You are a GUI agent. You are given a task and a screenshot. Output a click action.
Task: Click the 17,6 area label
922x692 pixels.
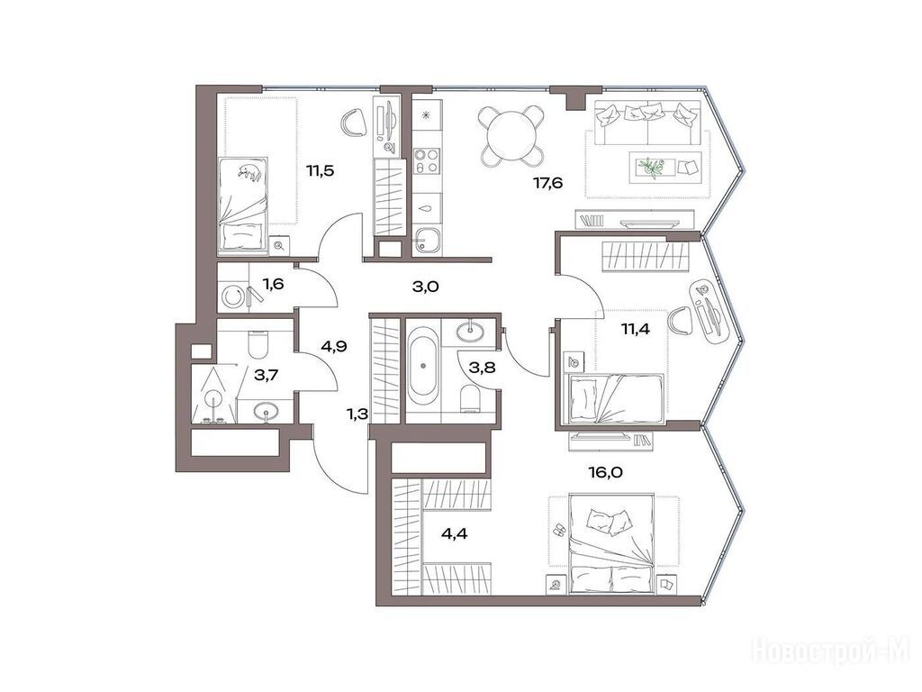pyautogui.click(x=548, y=184)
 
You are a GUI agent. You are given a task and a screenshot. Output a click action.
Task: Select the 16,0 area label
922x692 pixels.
pyautogui.click(x=605, y=472)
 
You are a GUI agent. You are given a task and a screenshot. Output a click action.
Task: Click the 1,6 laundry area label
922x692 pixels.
pyautogui.click(x=273, y=285)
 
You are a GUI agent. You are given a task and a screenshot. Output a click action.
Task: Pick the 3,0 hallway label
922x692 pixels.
pyautogui.click(x=426, y=287)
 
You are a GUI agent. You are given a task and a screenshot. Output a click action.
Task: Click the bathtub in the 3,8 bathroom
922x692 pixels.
pyautogui.click(x=423, y=364)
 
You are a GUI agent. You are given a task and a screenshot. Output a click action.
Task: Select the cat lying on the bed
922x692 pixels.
pyautogui.click(x=249, y=171)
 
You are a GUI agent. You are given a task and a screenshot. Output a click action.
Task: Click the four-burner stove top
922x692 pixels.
pyautogui.click(x=426, y=160)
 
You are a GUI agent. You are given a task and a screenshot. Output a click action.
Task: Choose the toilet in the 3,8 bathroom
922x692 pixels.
pyautogui.click(x=471, y=398)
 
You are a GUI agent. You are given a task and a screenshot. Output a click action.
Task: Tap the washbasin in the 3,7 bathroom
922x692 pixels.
pyautogui.click(x=267, y=410)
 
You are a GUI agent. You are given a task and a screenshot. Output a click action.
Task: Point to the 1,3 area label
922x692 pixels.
pyautogui.click(x=357, y=414)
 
